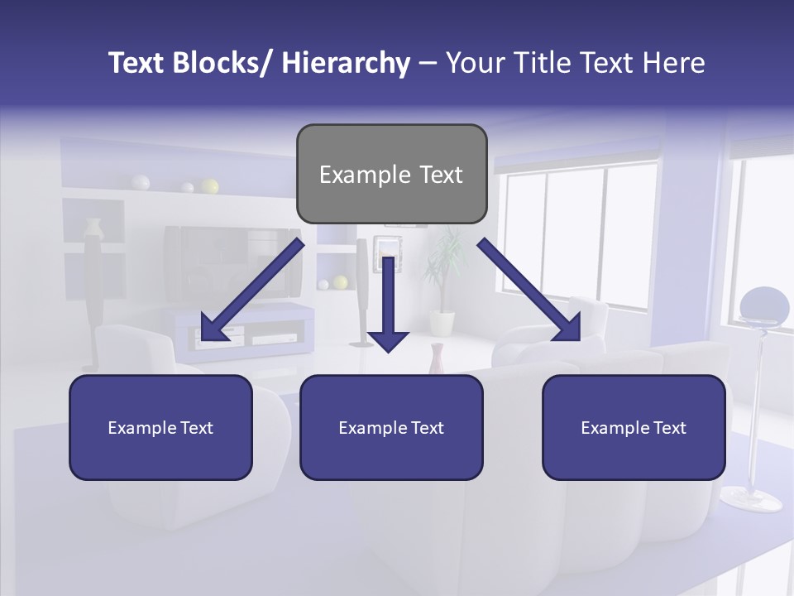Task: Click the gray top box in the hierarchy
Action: (391, 174)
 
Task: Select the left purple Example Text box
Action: (160, 427)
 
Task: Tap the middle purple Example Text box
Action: (391, 427)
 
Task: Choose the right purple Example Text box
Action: (634, 427)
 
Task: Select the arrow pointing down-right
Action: (530, 290)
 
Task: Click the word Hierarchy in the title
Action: (346, 63)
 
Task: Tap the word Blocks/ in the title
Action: (221, 63)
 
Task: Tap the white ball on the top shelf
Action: (141, 182)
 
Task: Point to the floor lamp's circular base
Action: (751, 499)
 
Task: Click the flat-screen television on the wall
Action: (232, 262)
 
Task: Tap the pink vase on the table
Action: (438, 358)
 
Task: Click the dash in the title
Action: (428, 63)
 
